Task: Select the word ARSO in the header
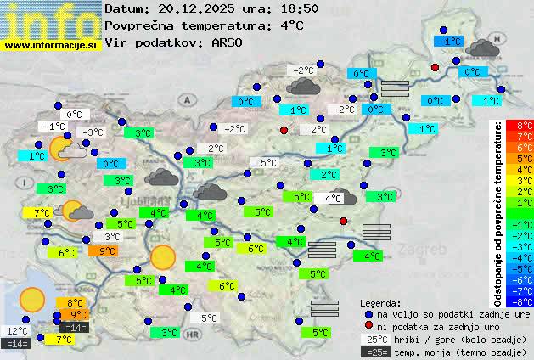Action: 229,42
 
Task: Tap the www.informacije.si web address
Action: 51,44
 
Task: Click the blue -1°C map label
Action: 447,41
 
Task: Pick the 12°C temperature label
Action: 17,331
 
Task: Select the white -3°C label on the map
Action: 92,132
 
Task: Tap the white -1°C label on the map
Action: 54,127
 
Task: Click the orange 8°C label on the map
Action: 75,302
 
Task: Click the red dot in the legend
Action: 368,326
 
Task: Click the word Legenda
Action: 381,302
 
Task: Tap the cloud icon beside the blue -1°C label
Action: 482,47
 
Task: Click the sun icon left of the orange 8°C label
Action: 32,299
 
